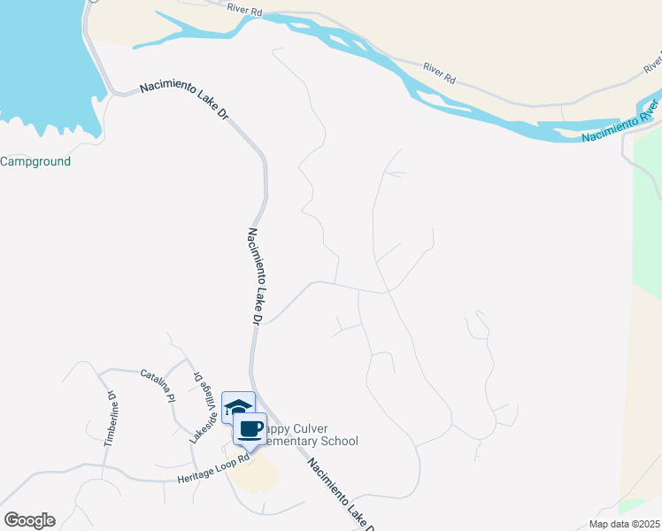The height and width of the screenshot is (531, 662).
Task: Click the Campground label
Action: click(35, 162)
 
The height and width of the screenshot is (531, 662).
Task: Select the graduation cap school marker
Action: click(236, 407)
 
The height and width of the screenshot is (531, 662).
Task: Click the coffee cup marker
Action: click(250, 429)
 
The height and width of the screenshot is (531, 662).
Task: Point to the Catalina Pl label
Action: click(158, 387)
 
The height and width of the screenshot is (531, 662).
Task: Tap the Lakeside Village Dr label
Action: click(202, 406)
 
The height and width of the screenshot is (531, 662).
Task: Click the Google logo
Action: click(29, 520)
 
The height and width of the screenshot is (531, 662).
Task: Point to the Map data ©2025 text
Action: click(624, 524)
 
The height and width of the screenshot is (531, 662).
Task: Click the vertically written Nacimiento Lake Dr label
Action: click(254, 274)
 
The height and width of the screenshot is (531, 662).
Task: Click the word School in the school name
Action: click(339, 441)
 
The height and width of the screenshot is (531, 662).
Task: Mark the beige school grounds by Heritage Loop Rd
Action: click(254, 475)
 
